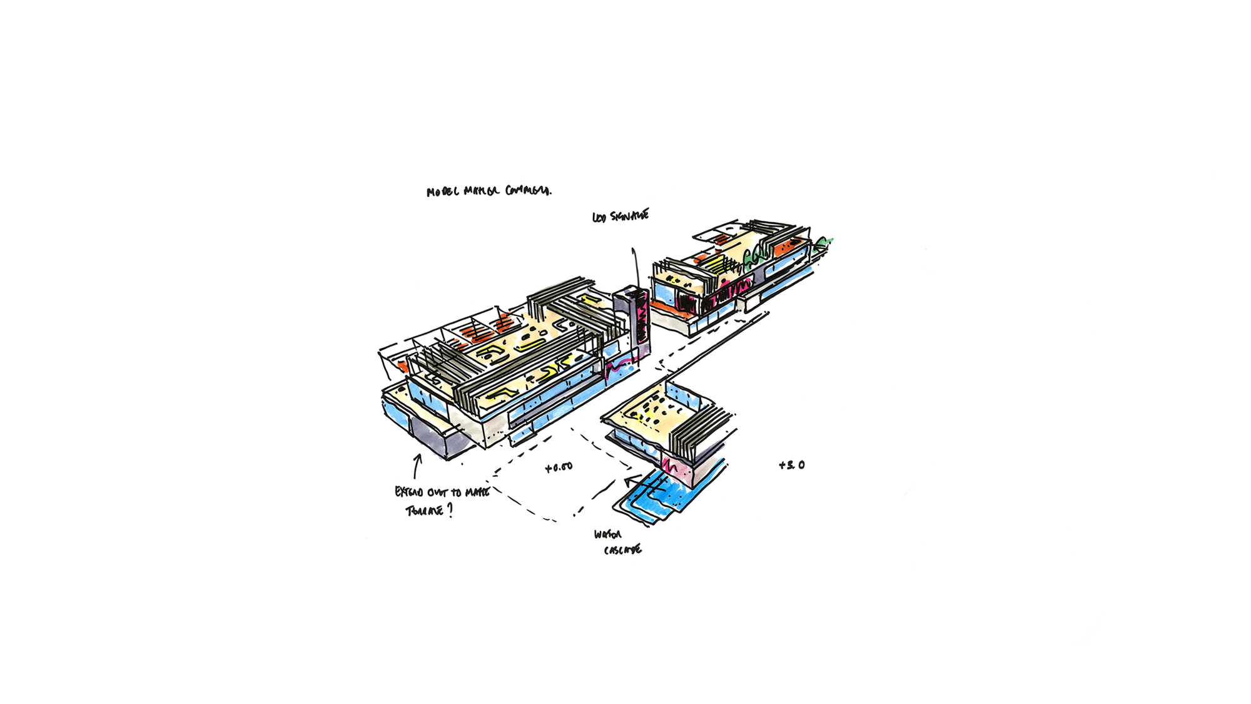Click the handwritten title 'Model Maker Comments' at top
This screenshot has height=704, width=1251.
(x=489, y=191)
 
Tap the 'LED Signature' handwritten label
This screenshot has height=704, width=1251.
(x=620, y=217)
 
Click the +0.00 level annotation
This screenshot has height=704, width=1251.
(x=559, y=467)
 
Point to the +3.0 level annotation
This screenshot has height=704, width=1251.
(x=791, y=465)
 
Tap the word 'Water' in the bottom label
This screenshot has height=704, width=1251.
(x=607, y=535)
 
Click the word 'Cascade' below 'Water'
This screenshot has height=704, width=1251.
(x=622, y=551)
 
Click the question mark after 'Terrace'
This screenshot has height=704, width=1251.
(x=450, y=510)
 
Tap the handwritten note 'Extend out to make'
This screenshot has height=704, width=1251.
(x=442, y=492)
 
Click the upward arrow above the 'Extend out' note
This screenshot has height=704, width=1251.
(x=417, y=466)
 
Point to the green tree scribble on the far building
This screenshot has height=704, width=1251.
(x=824, y=243)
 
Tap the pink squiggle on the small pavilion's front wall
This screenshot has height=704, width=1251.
(x=671, y=466)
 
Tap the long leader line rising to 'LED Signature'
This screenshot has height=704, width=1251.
(x=636, y=266)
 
